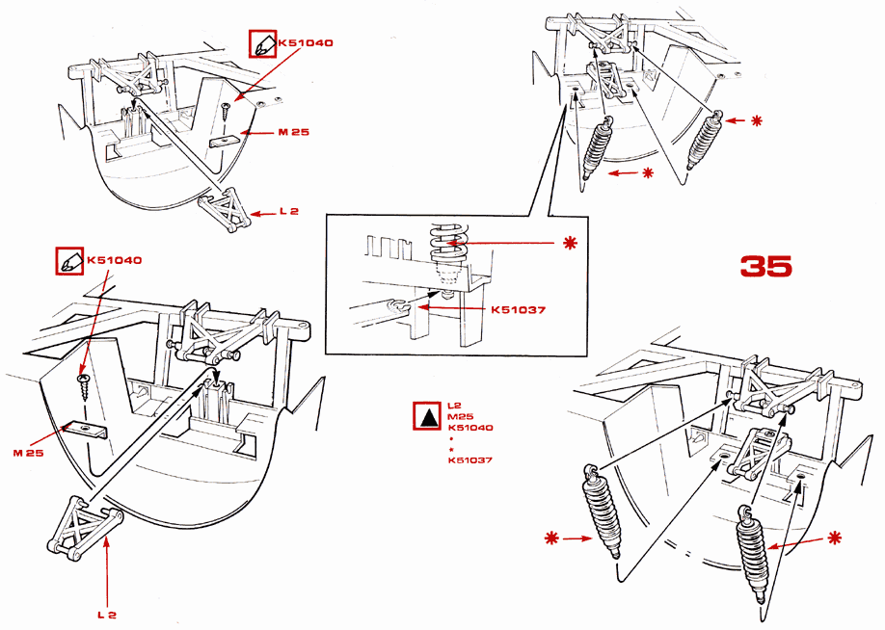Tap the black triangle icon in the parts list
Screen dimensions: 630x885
(x=426, y=417)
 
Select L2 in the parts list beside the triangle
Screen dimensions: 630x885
(x=455, y=406)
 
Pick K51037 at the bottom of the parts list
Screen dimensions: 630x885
(x=470, y=459)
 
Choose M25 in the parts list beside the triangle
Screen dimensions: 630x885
(x=459, y=416)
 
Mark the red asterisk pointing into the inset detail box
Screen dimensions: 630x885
(x=569, y=242)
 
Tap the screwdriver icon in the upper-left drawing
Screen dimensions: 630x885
(x=262, y=44)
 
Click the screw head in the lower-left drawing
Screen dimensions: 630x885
(x=81, y=381)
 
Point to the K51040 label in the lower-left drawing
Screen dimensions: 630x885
(x=115, y=260)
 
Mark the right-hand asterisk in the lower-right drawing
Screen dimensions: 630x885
(x=834, y=537)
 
